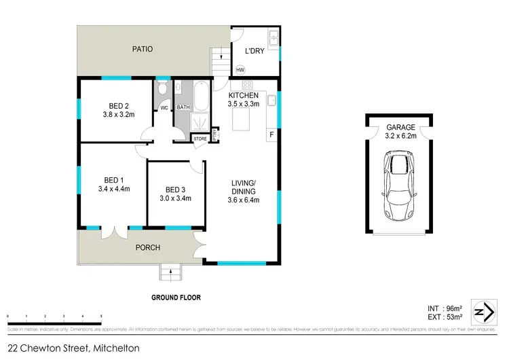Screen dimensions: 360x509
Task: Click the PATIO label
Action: pyautogui.click(x=142, y=49)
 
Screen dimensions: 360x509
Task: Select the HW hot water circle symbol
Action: pyautogui.click(x=240, y=69)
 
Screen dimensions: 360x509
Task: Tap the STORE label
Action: pyautogui.click(x=200, y=139)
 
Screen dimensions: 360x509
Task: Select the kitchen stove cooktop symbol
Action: pyautogui.click(x=248, y=86)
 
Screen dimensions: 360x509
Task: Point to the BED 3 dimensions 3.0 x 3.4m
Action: pyautogui.click(x=175, y=199)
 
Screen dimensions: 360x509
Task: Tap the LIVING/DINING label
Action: pyautogui.click(x=243, y=187)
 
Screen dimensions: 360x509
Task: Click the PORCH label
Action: pyautogui.click(x=147, y=248)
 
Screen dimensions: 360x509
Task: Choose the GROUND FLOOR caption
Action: pyautogui.click(x=176, y=297)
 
